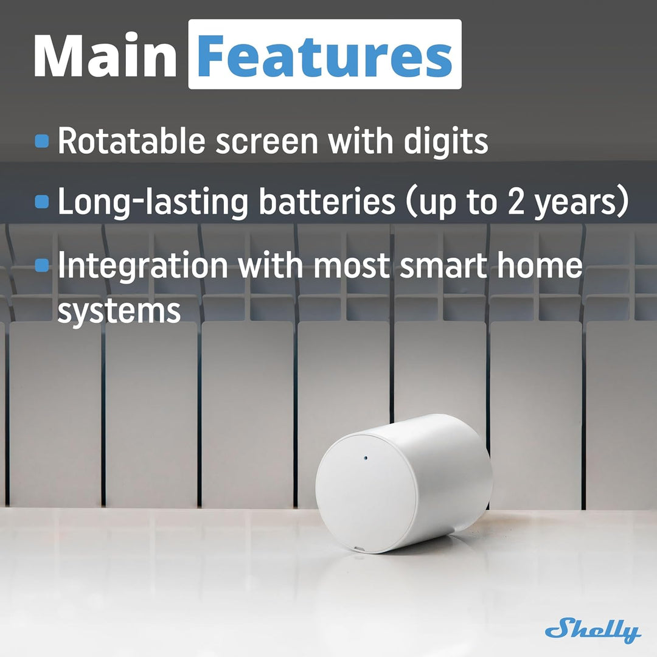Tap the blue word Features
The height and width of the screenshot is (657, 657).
pos(324,56)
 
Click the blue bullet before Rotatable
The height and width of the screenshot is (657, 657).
pos(42,142)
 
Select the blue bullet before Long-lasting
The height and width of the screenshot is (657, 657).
pos(42,202)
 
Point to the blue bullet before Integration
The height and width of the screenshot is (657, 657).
pos(42,265)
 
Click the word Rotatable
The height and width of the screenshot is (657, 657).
pos(131,142)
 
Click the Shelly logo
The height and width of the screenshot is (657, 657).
pos(593,631)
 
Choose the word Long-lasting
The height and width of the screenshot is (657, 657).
pos(153,203)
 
